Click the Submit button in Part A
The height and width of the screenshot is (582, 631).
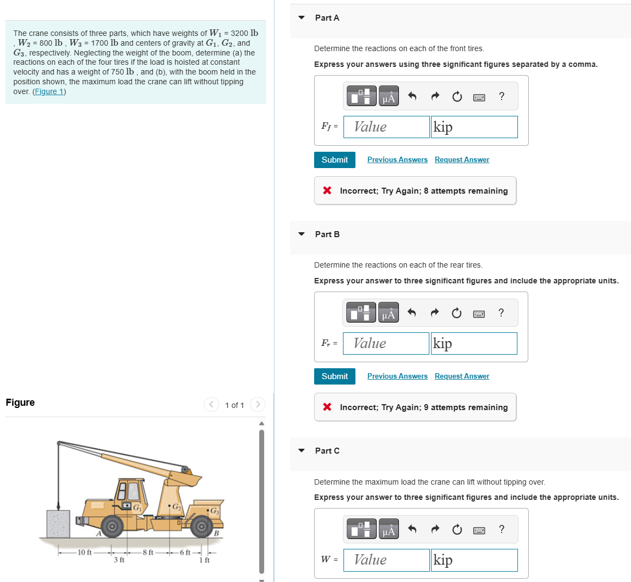(334, 160)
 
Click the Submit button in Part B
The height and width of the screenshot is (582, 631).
(334, 376)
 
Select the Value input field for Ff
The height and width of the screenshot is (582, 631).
(386, 127)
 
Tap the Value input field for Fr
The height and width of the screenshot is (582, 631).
(386, 343)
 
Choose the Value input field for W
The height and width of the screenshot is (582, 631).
(386, 560)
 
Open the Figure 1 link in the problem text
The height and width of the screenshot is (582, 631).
(49, 91)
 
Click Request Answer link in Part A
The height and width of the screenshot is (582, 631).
(461, 160)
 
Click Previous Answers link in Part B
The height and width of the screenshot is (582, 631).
(397, 376)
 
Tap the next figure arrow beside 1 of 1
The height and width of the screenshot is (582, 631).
(258, 405)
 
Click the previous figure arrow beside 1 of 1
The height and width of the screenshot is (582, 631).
(211, 405)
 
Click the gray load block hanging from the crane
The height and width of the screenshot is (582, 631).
(58, 523)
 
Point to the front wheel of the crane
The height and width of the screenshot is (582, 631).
(112, 526)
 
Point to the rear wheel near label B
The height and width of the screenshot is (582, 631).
(202, 526)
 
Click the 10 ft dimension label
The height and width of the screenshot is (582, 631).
(85, 553)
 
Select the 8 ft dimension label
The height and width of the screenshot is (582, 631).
(148, 553)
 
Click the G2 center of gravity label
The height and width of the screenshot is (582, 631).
(177, 507)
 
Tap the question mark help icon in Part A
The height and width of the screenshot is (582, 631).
(501, 96)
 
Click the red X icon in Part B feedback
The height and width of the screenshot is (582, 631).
(327, 407)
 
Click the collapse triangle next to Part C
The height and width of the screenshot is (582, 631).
(302, 450)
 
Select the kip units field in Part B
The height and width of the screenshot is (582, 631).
(473, 343)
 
